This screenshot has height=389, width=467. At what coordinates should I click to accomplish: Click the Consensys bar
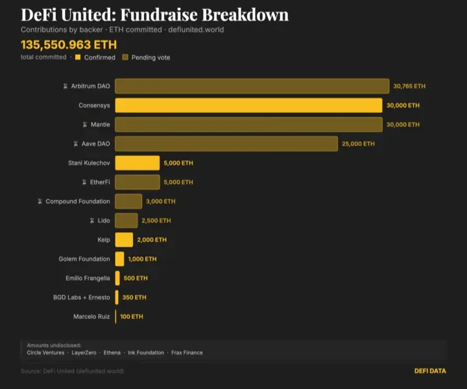248,105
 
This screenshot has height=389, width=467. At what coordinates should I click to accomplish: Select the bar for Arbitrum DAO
252,86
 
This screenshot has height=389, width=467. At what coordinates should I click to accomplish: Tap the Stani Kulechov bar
137,163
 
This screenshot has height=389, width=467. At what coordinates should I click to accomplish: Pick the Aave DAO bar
226,144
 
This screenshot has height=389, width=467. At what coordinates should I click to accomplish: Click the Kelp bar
124,240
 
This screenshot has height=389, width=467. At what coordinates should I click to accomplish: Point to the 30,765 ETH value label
409,86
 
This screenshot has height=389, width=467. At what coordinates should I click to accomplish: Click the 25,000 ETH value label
358,144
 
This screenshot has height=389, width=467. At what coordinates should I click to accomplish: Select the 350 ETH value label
135,298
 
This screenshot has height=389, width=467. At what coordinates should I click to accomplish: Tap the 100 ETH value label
132,317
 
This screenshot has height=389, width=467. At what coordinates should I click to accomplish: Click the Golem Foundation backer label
84,259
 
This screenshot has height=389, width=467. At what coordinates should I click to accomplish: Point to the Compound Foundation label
78,202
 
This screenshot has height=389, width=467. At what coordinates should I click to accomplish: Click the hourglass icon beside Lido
92,221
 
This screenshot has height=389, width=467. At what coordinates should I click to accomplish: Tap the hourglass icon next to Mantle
85,124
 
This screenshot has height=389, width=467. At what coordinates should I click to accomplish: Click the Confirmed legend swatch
78,58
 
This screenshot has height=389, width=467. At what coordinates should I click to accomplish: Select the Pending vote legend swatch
125,58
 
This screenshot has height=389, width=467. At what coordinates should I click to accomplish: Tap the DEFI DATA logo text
430,371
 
